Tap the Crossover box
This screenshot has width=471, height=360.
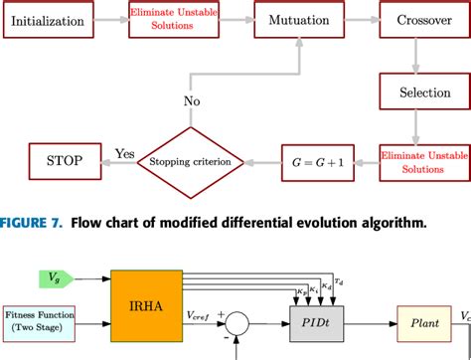coord(418,19)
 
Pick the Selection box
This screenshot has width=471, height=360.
coord(418,91)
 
